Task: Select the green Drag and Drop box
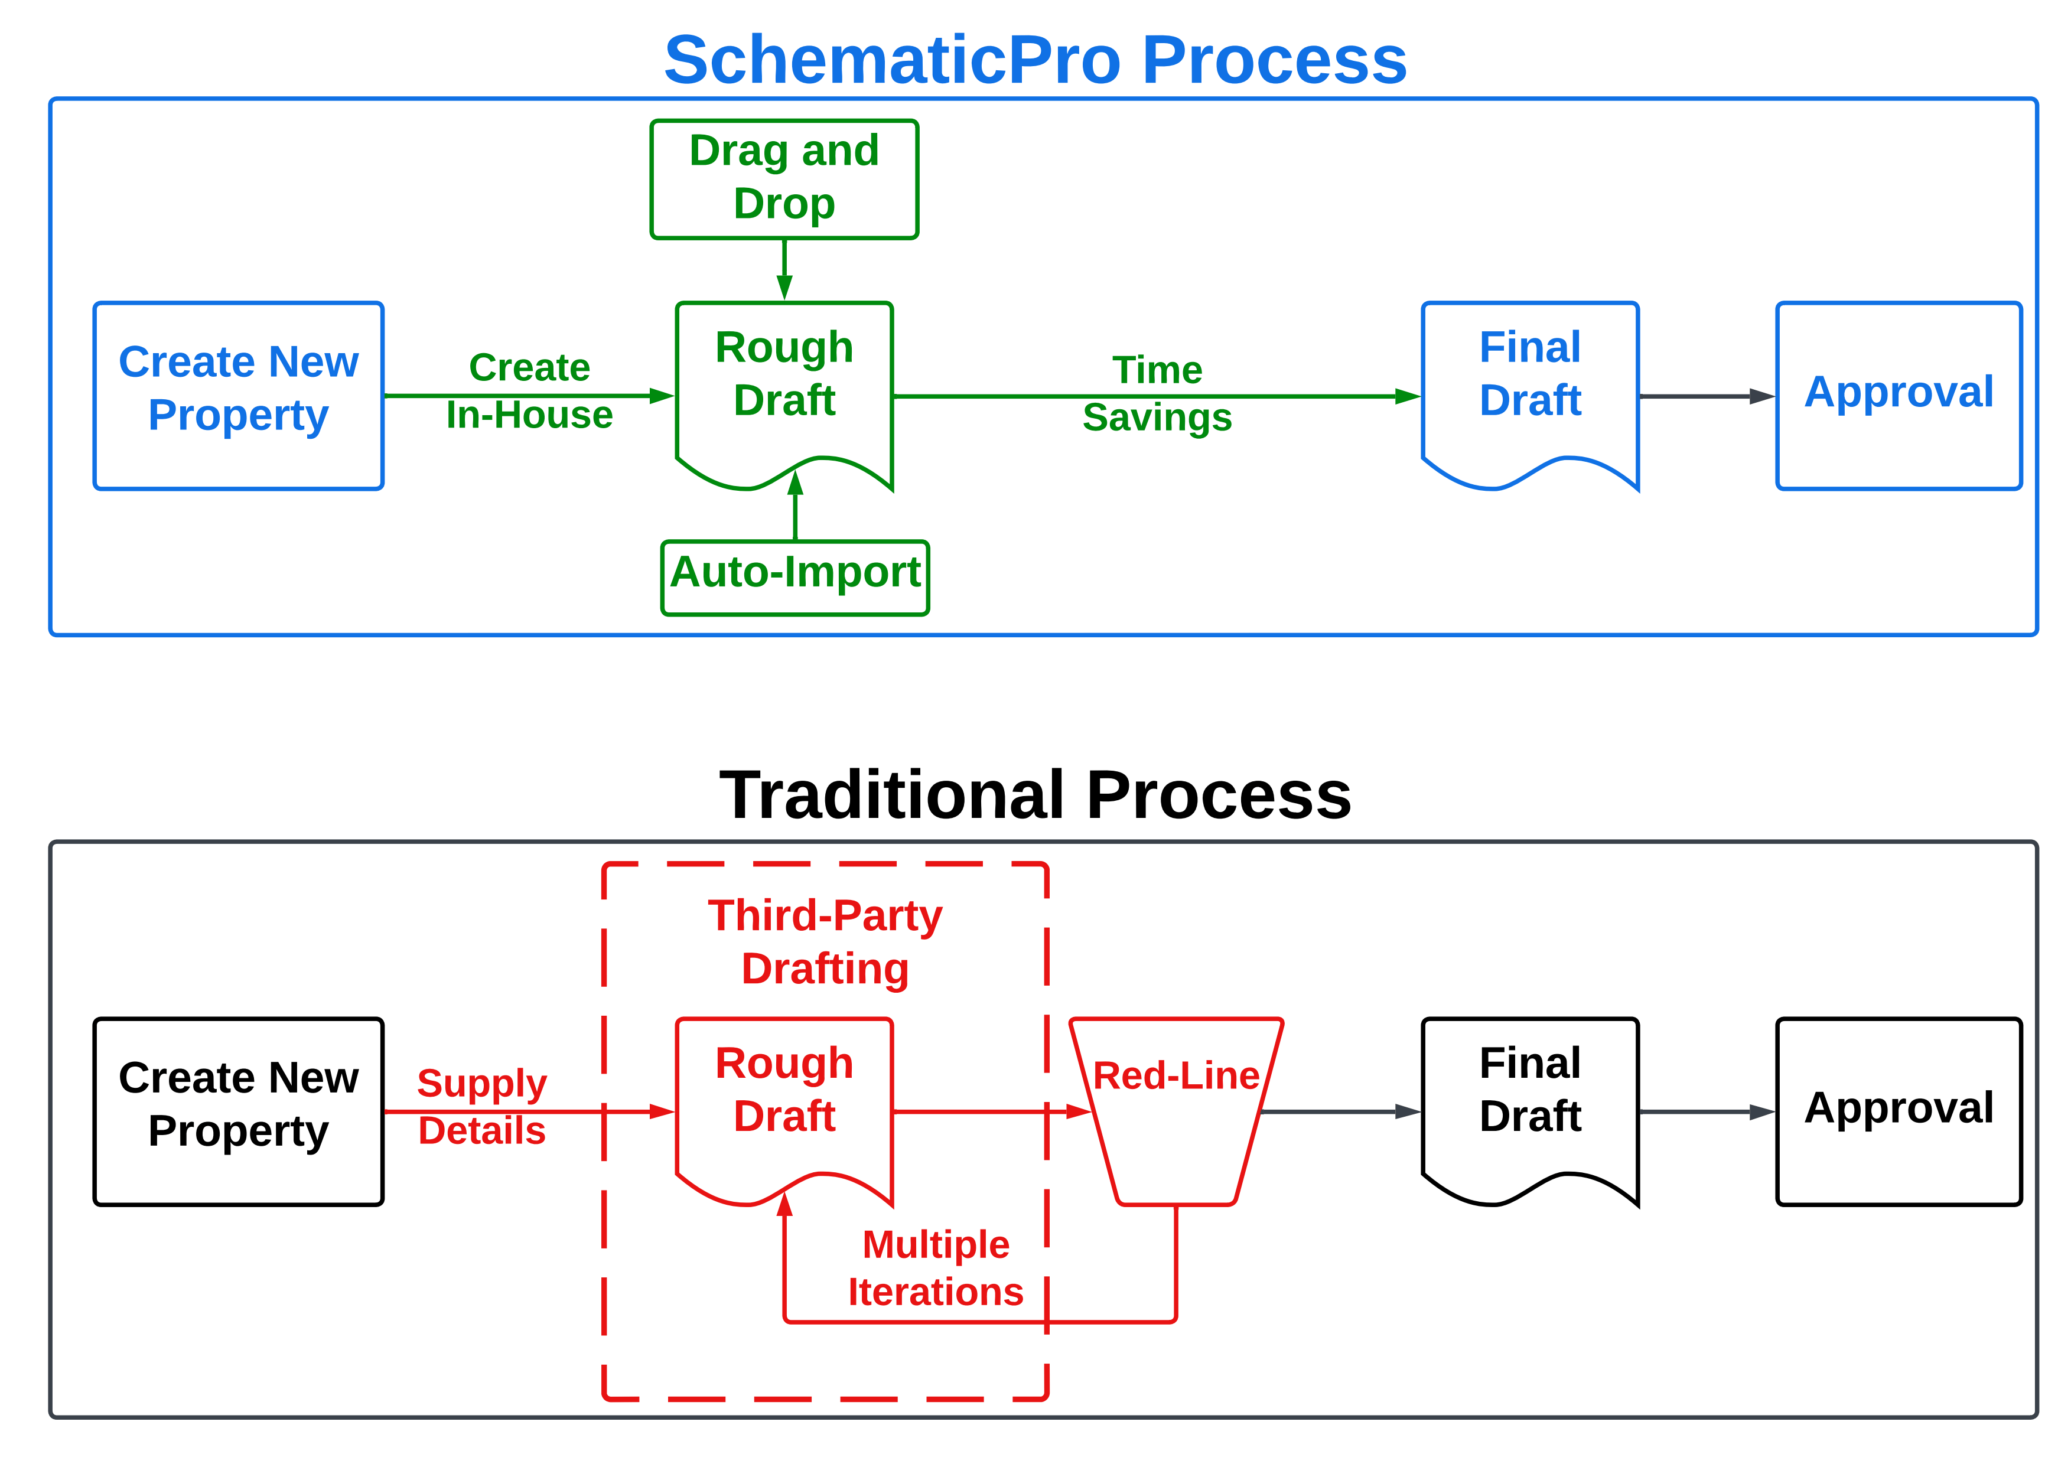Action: (784, 178)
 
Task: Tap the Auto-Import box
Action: (794, 578)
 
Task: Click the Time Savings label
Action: (1157, 393)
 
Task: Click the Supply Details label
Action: (481, 1106)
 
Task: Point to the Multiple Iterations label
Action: (936, 1267)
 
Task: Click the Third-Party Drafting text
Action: (825, 942)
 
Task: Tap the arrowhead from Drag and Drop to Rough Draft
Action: (784, 287)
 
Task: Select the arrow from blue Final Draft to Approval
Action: (1705, 396)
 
